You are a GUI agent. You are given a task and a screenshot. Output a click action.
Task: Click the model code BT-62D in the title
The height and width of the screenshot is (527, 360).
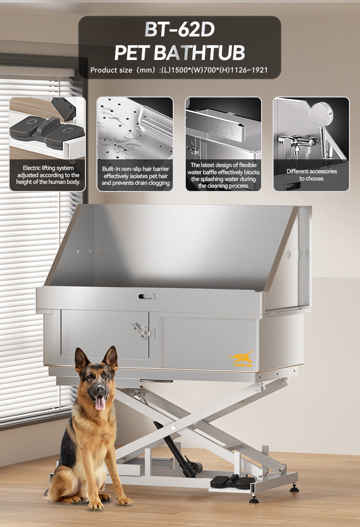click(180, 30)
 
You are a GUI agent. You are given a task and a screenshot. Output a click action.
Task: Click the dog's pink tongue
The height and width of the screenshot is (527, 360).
click(100, 403)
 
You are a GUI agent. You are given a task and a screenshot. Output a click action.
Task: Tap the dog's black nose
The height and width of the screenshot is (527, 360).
click(99, 390)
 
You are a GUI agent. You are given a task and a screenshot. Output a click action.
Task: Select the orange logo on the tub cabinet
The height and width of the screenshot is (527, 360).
click(241, 359)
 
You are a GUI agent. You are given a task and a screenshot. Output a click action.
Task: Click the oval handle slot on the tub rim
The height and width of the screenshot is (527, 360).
click(147, 297)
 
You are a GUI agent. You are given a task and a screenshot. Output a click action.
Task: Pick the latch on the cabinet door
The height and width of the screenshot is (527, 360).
click(143, 331)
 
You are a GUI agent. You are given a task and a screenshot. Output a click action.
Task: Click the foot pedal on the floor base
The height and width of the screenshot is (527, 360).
click(232, 481)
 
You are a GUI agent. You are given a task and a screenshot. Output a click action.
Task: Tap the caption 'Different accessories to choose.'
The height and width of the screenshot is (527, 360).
click(312, 175)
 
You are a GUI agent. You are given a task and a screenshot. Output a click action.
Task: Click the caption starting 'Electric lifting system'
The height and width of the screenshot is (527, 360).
click(48, 175)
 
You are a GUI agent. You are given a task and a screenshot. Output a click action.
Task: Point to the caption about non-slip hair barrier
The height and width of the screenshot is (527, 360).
click(135, 176)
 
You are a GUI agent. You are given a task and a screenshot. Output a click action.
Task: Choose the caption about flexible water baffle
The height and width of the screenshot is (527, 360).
click(224, 175)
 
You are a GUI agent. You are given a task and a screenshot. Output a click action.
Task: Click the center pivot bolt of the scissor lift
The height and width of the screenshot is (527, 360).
click(173, 428)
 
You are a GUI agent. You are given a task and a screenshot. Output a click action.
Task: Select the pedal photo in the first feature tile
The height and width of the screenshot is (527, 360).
click(48, 128)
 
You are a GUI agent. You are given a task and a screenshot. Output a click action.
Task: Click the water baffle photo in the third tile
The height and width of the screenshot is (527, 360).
click(223, 128)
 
